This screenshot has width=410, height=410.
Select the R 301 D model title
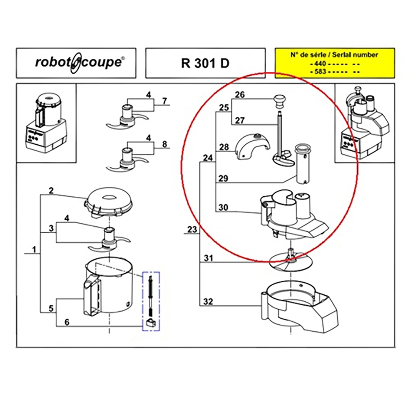pyautogui.click(x=205, y=63)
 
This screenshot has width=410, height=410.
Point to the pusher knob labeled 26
pyautogui.click(x=280, y=99)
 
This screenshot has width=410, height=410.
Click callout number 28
pyautogui.click(x=223, y=147)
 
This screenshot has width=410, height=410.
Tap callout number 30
pyautogui.click(x=223, y=207)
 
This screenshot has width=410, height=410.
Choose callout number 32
pyautogui.click(x=208, y=302)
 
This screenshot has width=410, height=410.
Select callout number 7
pyautogui.click(x=164, y=101)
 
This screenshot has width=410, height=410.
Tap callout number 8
pyautogui.click(x=164, y=144)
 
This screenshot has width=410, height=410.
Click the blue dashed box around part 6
pyautogui.click(x=150, y=301)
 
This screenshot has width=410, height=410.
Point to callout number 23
pyautogui.click(x=192, y=230)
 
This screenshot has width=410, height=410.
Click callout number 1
pyautogui.click(x=34, y=249)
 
